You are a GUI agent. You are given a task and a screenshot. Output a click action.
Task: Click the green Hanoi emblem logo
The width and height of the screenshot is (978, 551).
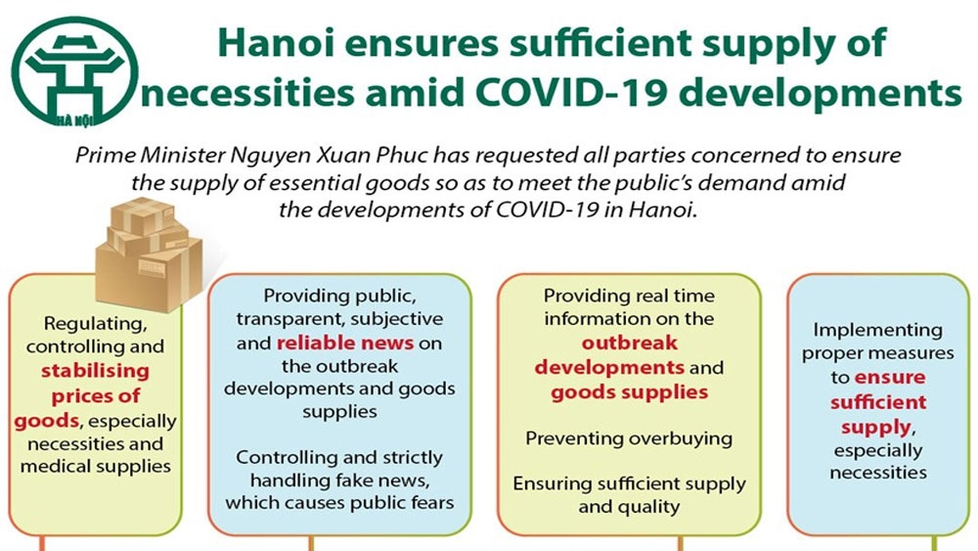pyautogui.click(x=74, y=71)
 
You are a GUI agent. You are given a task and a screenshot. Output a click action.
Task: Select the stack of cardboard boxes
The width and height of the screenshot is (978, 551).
pyautogui.click(x=149, y=253)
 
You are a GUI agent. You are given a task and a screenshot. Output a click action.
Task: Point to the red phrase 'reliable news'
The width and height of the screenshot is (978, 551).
pyautogui.click(x=345, y=343)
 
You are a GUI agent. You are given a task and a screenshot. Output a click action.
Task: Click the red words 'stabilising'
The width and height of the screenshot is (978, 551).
pyautogui.click(x=96, y=371)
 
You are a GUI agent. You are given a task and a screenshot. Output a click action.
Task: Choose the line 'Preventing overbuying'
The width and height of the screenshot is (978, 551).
pyautogui.click(x=629, y=438)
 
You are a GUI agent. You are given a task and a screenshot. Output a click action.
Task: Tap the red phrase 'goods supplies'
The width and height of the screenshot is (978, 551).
pyautogui.click(x=629, y=391)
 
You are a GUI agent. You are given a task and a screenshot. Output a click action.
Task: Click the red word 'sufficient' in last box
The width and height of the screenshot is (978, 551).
pyautogui.click(x=878, y=402)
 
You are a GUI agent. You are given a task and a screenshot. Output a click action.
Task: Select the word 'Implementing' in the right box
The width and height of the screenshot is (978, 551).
pyautogui.click(x=877, y=330)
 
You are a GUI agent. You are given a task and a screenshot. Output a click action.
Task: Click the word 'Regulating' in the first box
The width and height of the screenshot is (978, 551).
pyautogui.click(x=96, y=324)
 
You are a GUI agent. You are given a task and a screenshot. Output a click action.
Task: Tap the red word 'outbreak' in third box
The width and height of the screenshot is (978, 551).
pyautogui.click(x=629, y=343)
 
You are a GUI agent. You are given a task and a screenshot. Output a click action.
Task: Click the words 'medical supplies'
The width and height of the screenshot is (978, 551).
pyautogui.click(x=96, y=467)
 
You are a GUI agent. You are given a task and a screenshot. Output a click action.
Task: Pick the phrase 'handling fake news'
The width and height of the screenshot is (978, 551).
pyautogui.click(x=339, y=481)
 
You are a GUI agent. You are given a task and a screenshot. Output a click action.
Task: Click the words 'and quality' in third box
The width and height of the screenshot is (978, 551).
pyautogui.click(x=629, y=507)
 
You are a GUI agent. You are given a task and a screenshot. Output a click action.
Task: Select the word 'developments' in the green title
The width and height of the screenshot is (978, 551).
pyautogui.click(x=820, y=94)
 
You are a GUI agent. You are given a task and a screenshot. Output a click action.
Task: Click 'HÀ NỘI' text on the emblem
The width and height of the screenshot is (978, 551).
pyautogui.click(x=74, y=119)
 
